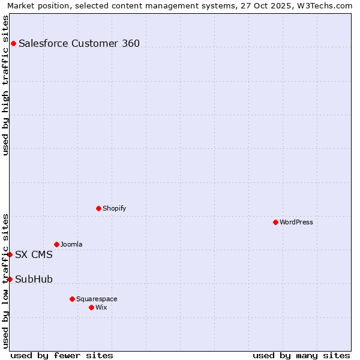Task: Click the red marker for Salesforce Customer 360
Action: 13,43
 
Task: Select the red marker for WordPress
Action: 275,222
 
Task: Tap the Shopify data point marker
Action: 98,208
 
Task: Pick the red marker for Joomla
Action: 56,244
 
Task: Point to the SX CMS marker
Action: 10,254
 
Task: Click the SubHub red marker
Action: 10,279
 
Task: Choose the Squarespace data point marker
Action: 72,299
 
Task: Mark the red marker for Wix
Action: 91,307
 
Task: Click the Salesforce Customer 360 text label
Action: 79,43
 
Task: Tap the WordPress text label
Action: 296,222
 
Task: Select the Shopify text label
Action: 114,208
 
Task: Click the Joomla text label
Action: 71,244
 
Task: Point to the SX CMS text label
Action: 34,254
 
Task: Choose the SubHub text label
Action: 34,279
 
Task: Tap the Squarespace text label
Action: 97,299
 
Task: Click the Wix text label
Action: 101,307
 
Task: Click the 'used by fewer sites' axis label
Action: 62,355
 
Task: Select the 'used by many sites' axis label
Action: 301,355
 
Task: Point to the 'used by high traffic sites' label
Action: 6,85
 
